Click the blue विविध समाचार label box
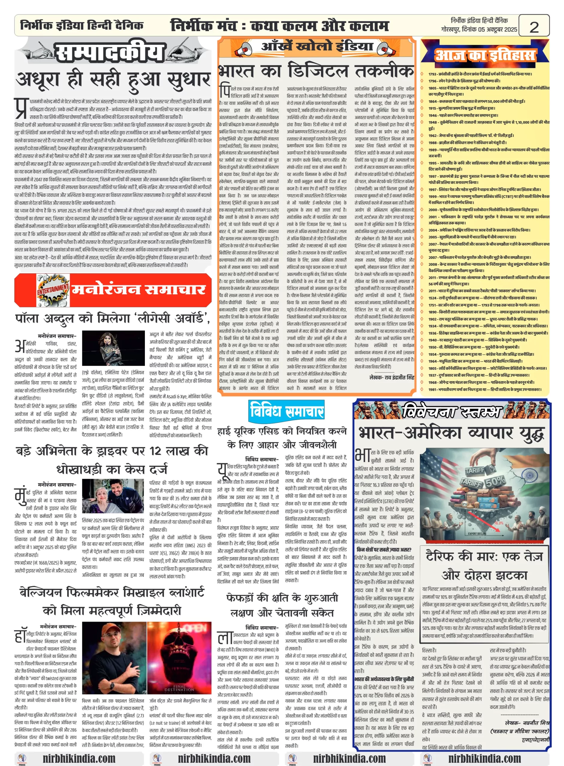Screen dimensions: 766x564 (x=286, y=411)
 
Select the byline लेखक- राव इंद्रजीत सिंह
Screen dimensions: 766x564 (x=391, y=377)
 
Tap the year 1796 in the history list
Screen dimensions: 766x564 (x=432, y=81)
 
